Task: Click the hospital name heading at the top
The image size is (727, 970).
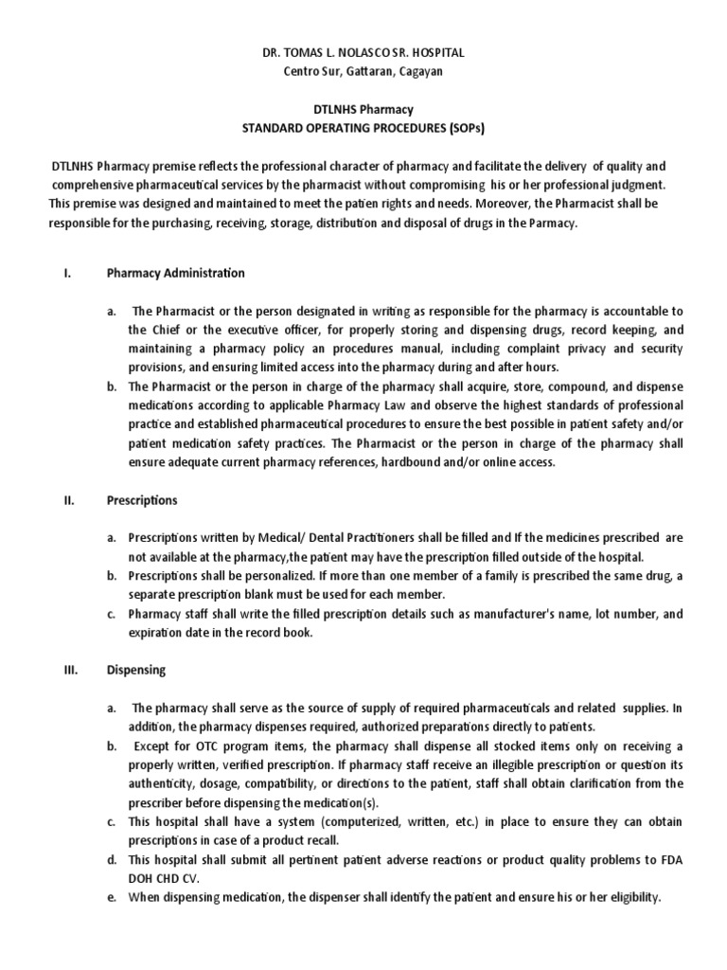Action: tap(364, 54)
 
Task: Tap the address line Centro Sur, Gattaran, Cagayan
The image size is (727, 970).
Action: tap(364, 71)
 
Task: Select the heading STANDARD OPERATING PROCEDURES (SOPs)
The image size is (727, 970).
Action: tap(364, 128)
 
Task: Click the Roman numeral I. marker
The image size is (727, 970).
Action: tap(67, 274)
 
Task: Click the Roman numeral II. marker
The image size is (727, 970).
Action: tap(69, 500)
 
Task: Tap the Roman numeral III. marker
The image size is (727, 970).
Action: tap(71, 670)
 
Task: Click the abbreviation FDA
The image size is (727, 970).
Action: tap(669, 859)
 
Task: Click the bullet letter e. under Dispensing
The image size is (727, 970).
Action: tap(112, 897)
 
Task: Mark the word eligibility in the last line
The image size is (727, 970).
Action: tap(626, 897)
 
